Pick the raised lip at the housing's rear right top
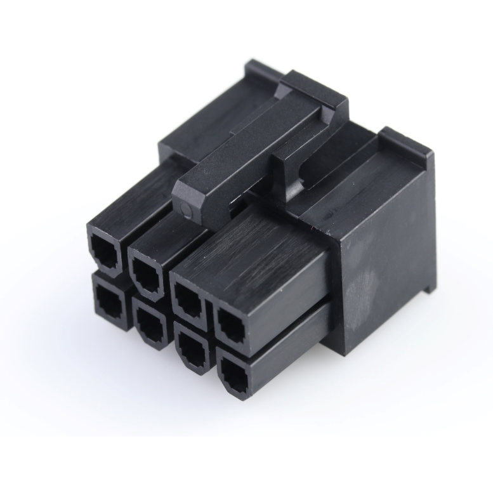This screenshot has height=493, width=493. point(406,143)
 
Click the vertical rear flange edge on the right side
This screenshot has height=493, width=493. point(431,222)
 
